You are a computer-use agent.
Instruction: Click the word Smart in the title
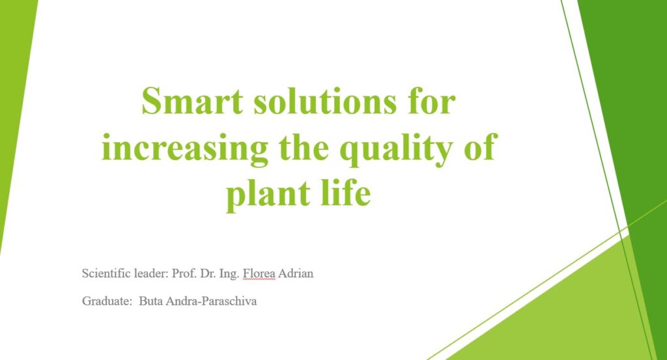(x=192, y=101)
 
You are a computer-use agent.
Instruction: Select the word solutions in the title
(x=325, y=101)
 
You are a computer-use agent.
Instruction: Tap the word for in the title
(x=431, y=101)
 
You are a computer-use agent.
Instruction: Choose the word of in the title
(x=480, y=146)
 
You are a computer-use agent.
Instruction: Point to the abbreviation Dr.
(x=208, y=273)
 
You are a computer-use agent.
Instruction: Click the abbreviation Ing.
(x=229, y=274)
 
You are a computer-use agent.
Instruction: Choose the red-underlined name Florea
(x=259, y=273)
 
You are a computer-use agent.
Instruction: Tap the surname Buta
(x=151, y=301)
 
